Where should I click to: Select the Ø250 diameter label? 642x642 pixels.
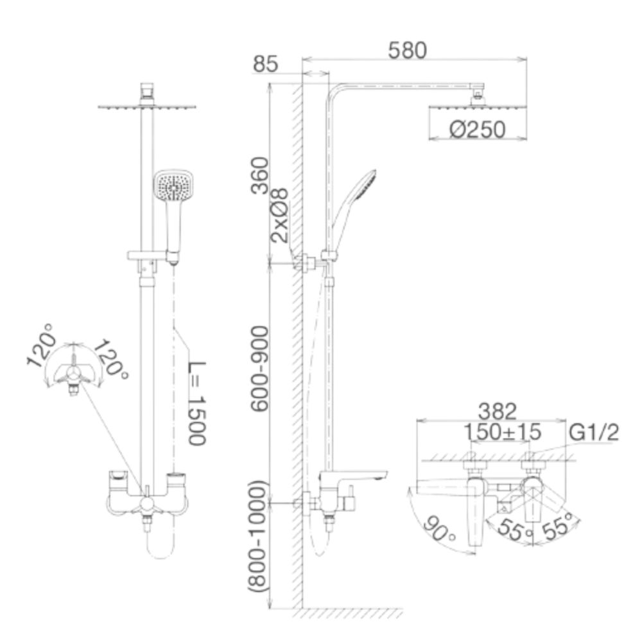coord(477,130)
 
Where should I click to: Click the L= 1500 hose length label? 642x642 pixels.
coord(196,402)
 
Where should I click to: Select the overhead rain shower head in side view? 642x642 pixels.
coord(477,107)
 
